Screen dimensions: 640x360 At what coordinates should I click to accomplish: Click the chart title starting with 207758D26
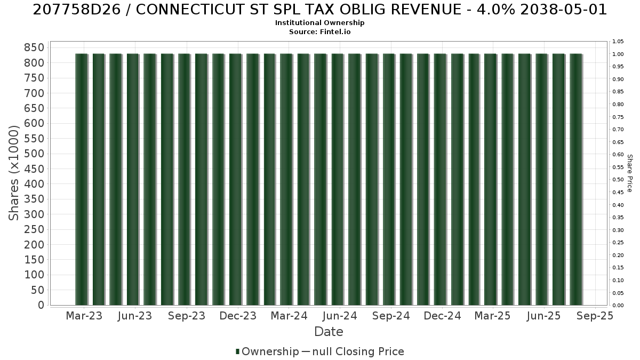tap(319, 10)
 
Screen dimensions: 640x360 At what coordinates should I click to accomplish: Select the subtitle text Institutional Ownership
tap(319, 23)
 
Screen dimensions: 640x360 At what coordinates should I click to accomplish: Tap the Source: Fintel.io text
tap(319, 31)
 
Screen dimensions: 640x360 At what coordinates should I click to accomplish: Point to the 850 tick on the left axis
tap(34, 47)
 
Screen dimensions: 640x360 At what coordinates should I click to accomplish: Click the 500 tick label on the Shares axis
tap(34, 154)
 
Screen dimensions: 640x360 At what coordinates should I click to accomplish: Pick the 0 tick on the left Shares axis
tap(41, 305)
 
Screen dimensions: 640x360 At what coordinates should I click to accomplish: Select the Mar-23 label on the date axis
tap(84, 316)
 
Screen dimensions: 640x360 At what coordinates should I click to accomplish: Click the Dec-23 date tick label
tap(238, 316)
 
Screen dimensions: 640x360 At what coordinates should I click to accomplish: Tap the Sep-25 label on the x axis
tap(595, 316)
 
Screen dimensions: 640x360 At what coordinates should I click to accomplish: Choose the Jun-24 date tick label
tap(340, 316)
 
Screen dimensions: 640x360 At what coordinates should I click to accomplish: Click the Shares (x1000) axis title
tap(13, 173)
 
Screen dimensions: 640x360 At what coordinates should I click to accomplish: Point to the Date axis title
tap(329, 332)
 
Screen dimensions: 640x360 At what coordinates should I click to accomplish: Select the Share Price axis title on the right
tap(629, 173)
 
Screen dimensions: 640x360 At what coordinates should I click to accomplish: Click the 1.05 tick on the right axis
tap(618, 42)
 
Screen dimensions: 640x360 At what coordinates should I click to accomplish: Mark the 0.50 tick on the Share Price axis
tap(618, 180)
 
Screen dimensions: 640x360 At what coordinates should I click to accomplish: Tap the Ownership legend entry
tap(267, 351)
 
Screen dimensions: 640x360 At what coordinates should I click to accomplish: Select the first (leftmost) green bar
tap(82, 179)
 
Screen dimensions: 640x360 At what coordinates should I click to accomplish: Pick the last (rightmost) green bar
tap(576, 179)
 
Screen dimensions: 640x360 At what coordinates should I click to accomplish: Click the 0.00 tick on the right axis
tap(618, 306)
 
